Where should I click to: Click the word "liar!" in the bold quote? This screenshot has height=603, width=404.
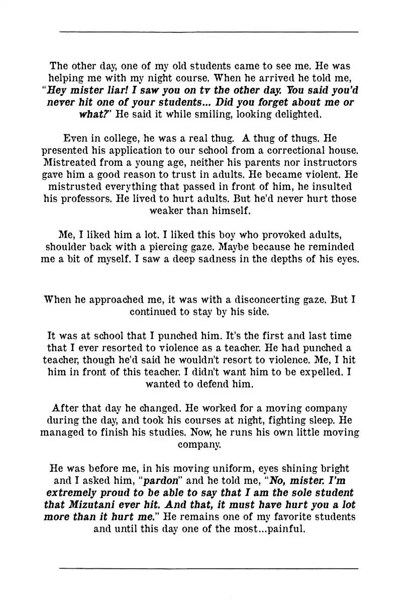[114, 91]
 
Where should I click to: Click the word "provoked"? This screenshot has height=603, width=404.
[266, 235]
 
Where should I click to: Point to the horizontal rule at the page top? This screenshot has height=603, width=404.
[209, 32]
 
